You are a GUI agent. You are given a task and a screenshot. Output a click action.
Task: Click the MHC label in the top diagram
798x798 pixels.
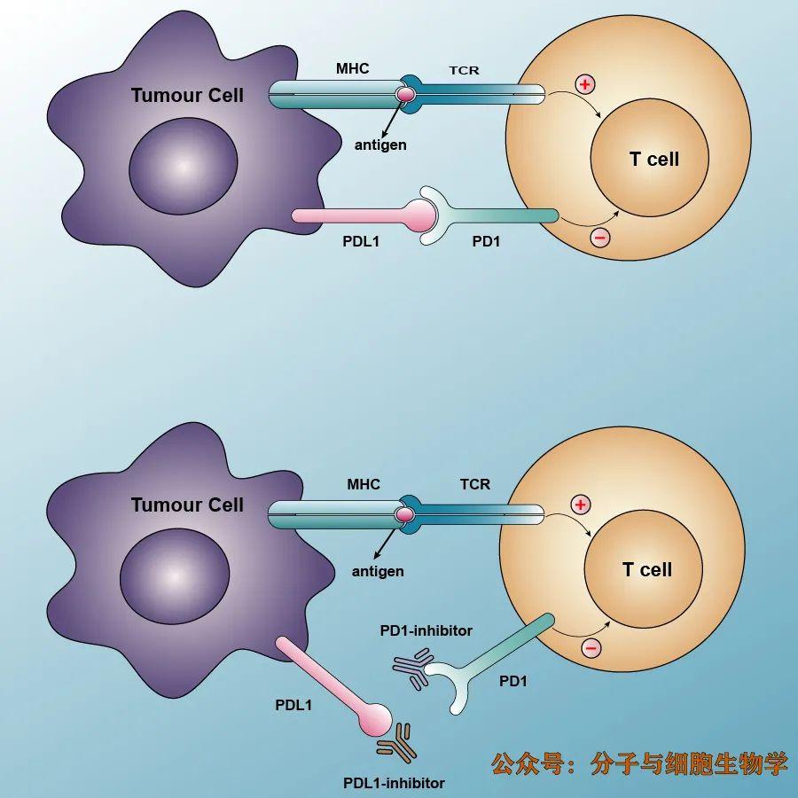click(352, 68)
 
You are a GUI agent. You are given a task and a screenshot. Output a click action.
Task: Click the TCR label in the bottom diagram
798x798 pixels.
click(475, 484)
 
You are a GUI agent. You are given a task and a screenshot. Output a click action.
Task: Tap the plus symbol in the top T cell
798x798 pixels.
click(585, 84)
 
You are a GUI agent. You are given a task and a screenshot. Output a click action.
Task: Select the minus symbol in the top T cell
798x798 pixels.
click(600, 238)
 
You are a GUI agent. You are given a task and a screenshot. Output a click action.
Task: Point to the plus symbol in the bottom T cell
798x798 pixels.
click(580, 505)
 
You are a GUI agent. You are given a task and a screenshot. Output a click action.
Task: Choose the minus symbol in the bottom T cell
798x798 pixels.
click(591, 648)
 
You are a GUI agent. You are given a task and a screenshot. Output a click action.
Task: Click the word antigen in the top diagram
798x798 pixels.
click(380, 145)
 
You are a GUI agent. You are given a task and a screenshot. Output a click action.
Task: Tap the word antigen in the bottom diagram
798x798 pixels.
click(378, 572)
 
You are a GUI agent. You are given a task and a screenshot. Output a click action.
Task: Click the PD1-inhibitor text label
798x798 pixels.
click(426, 630)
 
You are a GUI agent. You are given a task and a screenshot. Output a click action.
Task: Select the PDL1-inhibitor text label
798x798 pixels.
click(394, 783)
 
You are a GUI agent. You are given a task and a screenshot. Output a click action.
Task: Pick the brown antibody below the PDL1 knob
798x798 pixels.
click(397, 742)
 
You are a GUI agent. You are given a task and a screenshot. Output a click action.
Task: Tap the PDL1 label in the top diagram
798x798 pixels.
click(361, 241)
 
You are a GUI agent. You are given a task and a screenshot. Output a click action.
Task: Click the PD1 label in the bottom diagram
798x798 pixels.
click(513, 681)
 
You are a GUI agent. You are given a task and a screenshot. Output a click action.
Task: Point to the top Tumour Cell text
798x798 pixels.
click(187, 96)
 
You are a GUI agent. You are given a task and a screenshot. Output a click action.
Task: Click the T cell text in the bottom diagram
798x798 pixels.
click(647, 569)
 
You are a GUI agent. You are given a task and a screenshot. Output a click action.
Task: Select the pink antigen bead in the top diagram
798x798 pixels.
click(405, 94)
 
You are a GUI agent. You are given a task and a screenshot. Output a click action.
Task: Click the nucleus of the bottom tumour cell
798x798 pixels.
click(175, 576)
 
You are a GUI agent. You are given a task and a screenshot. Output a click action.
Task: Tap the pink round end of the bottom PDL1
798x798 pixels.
click(376, 720)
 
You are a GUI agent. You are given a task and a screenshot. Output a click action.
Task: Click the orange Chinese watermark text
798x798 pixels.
click(639, 763)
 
